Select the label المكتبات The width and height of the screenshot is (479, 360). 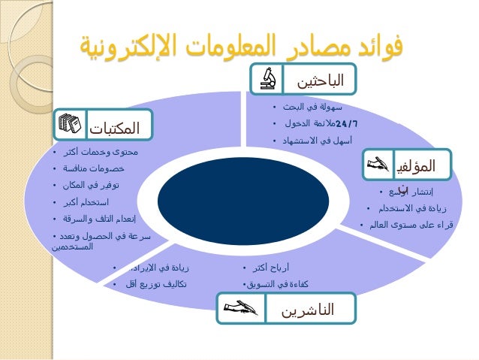click(x=115, y=127)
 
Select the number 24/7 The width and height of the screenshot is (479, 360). click(x=347, y=123)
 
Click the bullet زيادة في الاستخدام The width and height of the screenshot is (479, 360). click(x=411, y=208)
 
